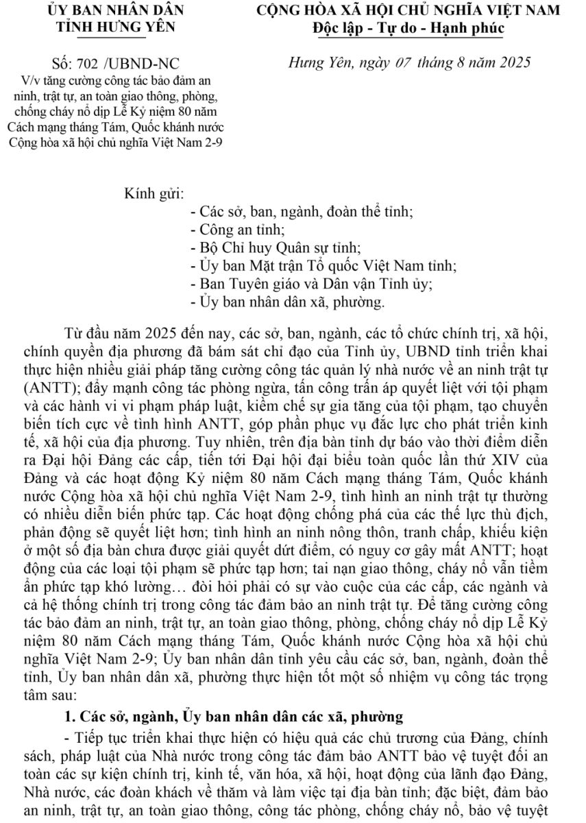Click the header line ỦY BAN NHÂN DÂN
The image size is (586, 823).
pos(116,10)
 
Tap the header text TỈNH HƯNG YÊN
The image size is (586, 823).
pos(116,27)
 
